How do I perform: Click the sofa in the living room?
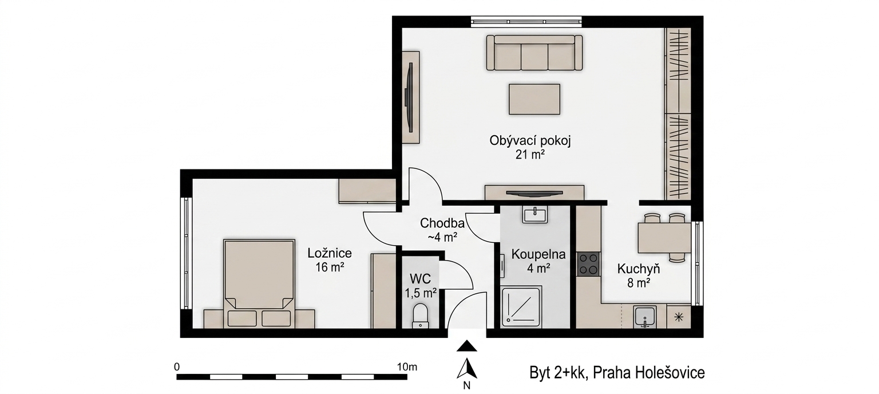point(534,53)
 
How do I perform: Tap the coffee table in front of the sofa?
point(534,99)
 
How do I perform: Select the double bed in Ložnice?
point(259,283)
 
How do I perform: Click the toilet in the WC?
point(420,314)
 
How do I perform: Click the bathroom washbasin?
point(534,215)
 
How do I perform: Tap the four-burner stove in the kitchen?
point(588,264)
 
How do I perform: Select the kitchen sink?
point(644,317)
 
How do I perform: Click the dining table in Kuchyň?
point(664,238)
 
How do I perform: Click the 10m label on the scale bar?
point(407,367)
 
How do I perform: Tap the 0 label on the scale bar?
point(177,367)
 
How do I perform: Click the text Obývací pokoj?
point(530,141)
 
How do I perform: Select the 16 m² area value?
point(330,267)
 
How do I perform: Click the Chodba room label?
point(442,223)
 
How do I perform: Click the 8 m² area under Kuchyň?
point(639,283)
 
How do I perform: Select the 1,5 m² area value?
point(421,293)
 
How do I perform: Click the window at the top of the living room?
point(526,22)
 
